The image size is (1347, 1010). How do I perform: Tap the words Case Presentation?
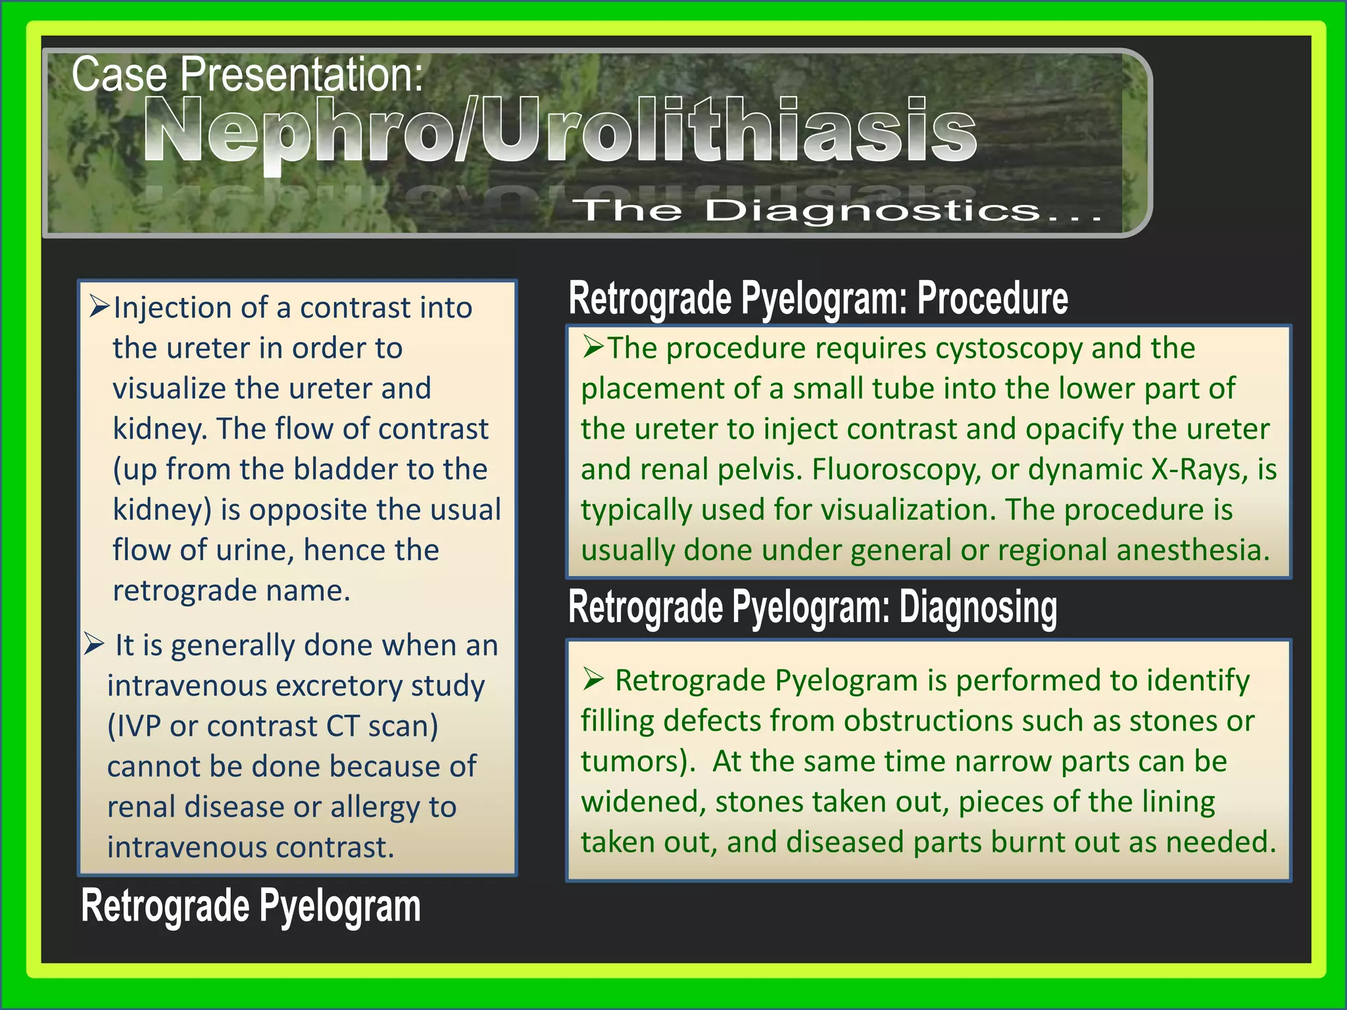pos(247,74)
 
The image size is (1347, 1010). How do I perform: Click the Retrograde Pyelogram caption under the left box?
pos(251,906)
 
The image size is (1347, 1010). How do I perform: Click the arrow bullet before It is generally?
pos(95,644)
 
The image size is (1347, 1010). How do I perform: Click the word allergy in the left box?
pos(375,807)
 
